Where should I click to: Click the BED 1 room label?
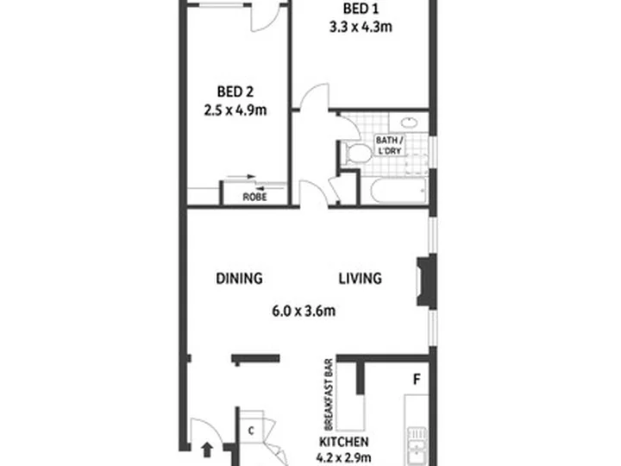[361, 9]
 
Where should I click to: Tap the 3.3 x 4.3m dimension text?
[361, 27]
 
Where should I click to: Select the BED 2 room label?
[235, 92]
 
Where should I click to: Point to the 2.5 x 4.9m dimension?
[235, 110]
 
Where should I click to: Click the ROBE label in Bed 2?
[254, 197]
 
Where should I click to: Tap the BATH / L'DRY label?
[390, 146]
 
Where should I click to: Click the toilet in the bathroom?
[356, 154]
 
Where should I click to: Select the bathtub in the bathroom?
[398, 191]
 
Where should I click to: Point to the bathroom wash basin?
[409, 122]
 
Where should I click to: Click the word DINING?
[239, 278]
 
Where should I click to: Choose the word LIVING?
[361, 278]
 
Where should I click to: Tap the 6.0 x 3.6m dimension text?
[304, 311]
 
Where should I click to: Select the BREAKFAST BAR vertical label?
[329, 394]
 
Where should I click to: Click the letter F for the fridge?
[417, 380]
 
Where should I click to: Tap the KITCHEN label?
[344, 442]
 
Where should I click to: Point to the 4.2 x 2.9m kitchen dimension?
[344, 458]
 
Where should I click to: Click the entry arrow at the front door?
[207, 450]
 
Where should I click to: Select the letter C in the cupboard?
[251, 431]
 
